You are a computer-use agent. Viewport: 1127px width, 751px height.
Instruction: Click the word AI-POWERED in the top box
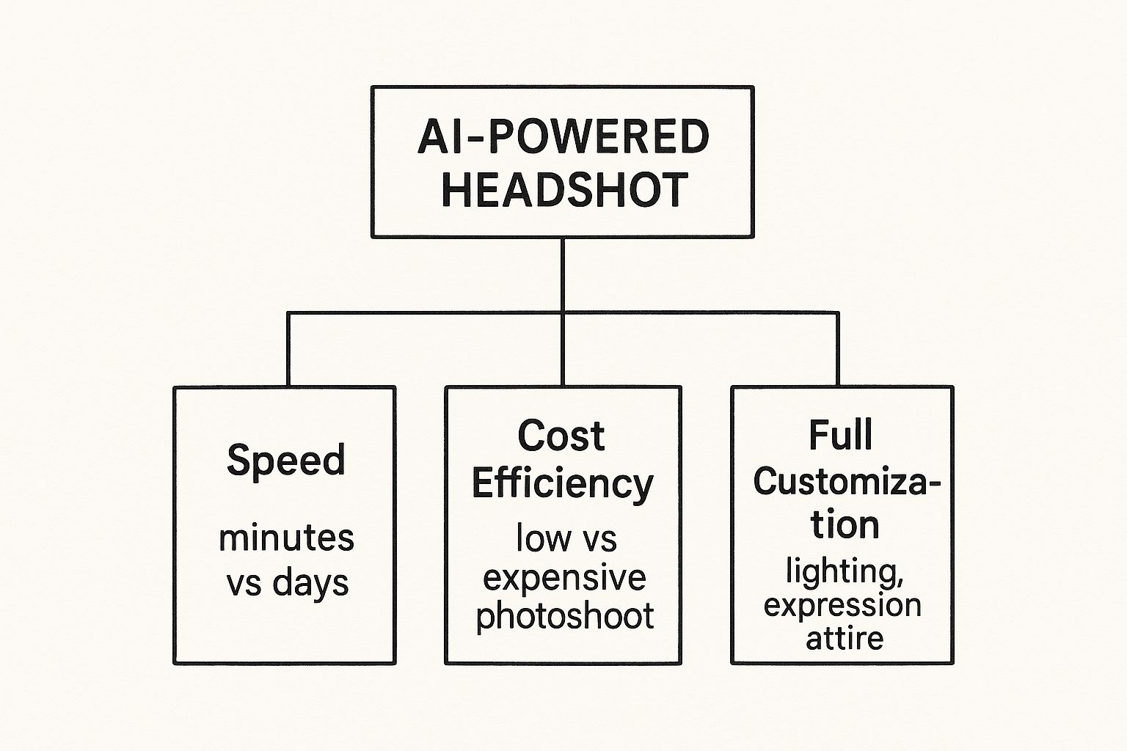pos(563,137)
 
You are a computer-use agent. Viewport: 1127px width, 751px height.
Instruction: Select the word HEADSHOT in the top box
pos(563,189)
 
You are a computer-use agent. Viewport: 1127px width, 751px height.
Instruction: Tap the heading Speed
pos(285,461)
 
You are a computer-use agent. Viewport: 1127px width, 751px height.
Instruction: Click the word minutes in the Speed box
pos(286,538)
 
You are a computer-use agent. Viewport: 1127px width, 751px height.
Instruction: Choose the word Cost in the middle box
pos(561,436)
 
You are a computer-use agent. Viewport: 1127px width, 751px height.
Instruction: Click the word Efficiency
pos(562,484)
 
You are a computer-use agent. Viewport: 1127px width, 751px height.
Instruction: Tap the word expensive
pos(563,578)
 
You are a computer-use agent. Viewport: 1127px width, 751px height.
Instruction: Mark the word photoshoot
pos(564,616)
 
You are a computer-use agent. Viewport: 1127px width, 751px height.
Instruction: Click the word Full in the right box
pos(841,435)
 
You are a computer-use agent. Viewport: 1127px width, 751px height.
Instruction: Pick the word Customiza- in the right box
pos(846,483)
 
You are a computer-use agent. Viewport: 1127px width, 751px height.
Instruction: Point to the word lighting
pos(844,572)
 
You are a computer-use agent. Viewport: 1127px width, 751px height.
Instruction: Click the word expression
pos(842,606)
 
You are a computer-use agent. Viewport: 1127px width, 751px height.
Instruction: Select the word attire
pos(845,638)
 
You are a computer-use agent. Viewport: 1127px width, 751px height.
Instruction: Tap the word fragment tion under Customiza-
pos(845,525)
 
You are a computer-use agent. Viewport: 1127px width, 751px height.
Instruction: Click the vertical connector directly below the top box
pos(563,275)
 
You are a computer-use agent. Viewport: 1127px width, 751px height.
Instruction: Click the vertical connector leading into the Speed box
pos(288,350)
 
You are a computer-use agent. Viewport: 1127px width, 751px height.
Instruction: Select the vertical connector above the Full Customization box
pos(838,350)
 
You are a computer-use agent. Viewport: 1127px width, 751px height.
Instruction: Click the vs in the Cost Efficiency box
pos(600,541)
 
